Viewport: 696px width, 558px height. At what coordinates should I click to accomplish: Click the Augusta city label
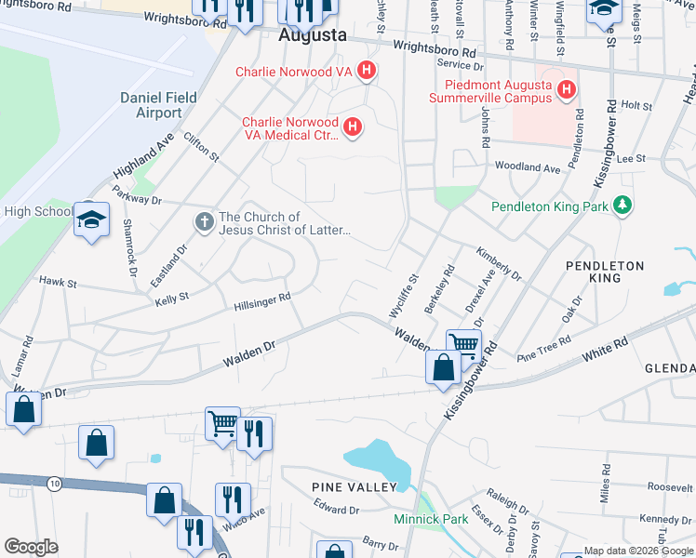click(313, 35)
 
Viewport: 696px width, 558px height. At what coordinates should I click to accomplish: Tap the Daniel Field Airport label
click(151, 105)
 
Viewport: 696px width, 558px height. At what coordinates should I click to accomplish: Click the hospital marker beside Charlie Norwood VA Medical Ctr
click(352, 128)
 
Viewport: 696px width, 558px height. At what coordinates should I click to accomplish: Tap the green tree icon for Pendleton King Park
click(622, 206)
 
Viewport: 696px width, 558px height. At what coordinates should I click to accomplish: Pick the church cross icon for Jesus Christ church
click(204, 223)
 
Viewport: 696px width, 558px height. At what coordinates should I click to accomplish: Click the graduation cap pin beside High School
click(92, 219)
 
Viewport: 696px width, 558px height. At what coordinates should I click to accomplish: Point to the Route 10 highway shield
click(55, 484)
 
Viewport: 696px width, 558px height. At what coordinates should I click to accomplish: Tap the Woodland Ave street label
click(528, 168)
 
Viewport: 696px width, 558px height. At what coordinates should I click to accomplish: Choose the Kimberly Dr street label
click(501, 264)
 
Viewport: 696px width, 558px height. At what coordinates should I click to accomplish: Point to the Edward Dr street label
click(336, 510)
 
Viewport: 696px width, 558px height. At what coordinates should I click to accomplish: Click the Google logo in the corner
click(31, 547)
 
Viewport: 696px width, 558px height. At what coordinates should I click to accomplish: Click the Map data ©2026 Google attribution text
click(637, 551)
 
